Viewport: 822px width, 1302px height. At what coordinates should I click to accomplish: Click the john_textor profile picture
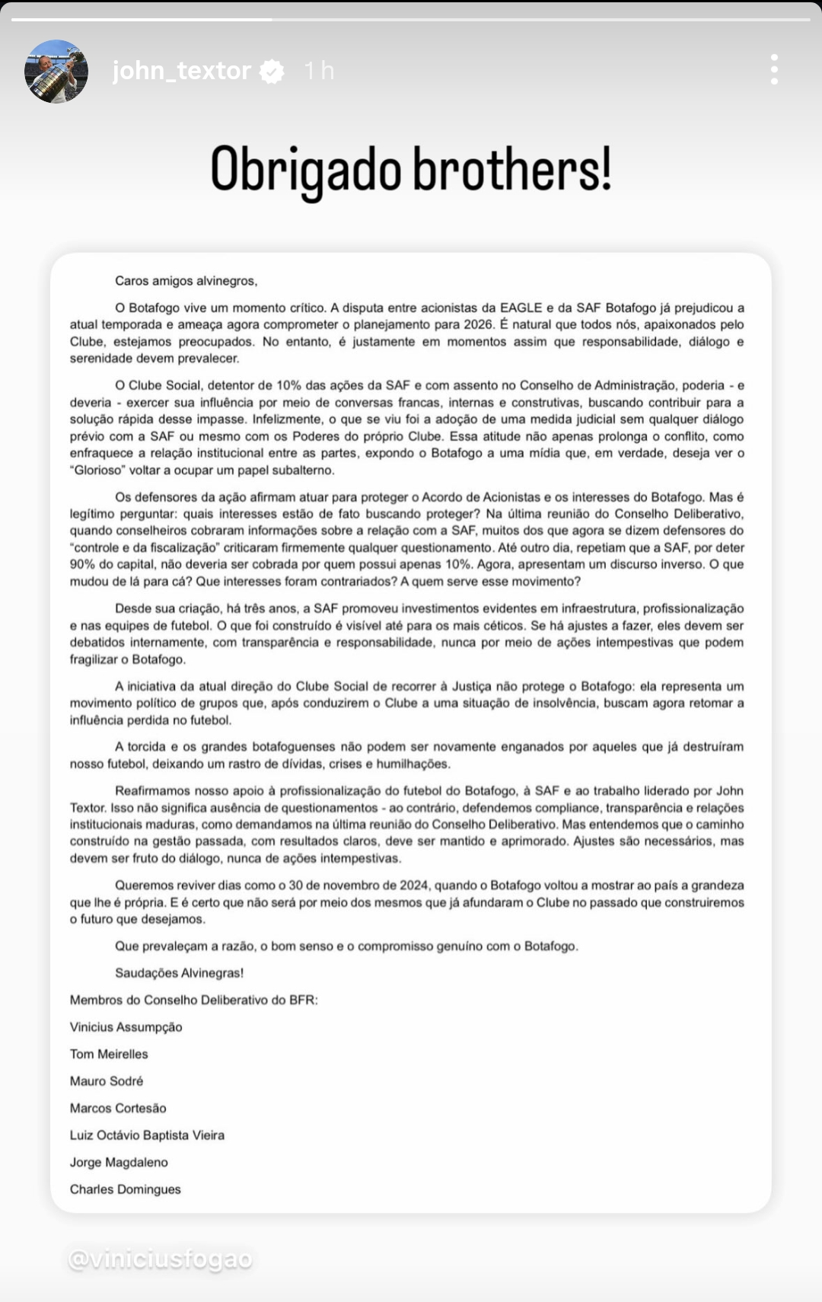pyautogui.click(x=57, y=71)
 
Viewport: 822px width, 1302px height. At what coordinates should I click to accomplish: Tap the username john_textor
pyautogui.click(x=181, y=71)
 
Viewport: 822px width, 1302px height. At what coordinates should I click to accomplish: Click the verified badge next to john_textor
pyautogui.click(x=272, y=72)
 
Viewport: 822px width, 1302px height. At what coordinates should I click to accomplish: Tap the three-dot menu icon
pyautogui.click(x=774, y=69)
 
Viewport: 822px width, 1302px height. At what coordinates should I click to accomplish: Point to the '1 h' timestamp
pyautogui.click(x=319, y=71)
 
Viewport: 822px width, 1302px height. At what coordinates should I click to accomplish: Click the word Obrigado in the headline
pyautogui.click(x=305, y=169)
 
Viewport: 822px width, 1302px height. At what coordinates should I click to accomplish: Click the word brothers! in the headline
pyautogui.click(x=511, y=169)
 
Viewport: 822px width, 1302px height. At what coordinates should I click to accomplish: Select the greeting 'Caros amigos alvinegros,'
pyautogui.click(x=186, y=281)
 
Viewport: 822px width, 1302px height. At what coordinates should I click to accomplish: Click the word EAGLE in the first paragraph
pyautogui.click(x=521, y=308)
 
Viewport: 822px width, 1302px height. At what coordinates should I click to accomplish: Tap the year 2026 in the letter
pyautogui.click(x=479, y=325)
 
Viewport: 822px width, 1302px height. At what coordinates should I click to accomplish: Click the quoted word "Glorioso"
pyautogui.click(x=101, y=471)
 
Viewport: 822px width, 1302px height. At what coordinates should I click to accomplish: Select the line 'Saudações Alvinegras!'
pyautogui.click(x=179, y=973)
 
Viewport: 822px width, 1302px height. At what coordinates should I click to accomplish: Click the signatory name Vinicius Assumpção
pyautogui.click(x=126, y=1027)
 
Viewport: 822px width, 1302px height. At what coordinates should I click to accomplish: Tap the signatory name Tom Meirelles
pyautogui.click(x=109, y=1055)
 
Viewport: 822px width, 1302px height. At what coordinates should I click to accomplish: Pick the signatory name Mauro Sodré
pyautogui.click(x=107, y=1081)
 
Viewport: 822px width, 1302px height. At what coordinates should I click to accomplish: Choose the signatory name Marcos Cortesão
pyautogui.click(x=118, y=1109)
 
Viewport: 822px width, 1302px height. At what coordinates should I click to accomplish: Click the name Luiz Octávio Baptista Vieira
pyautogui.click(x=147, y=1135)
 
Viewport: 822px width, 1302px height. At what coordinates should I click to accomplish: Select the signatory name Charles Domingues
pyautogui.click(x=126, y=1189)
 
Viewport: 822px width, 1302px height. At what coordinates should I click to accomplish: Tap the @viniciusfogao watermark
pyautogui.click(x=160, y=1260)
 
